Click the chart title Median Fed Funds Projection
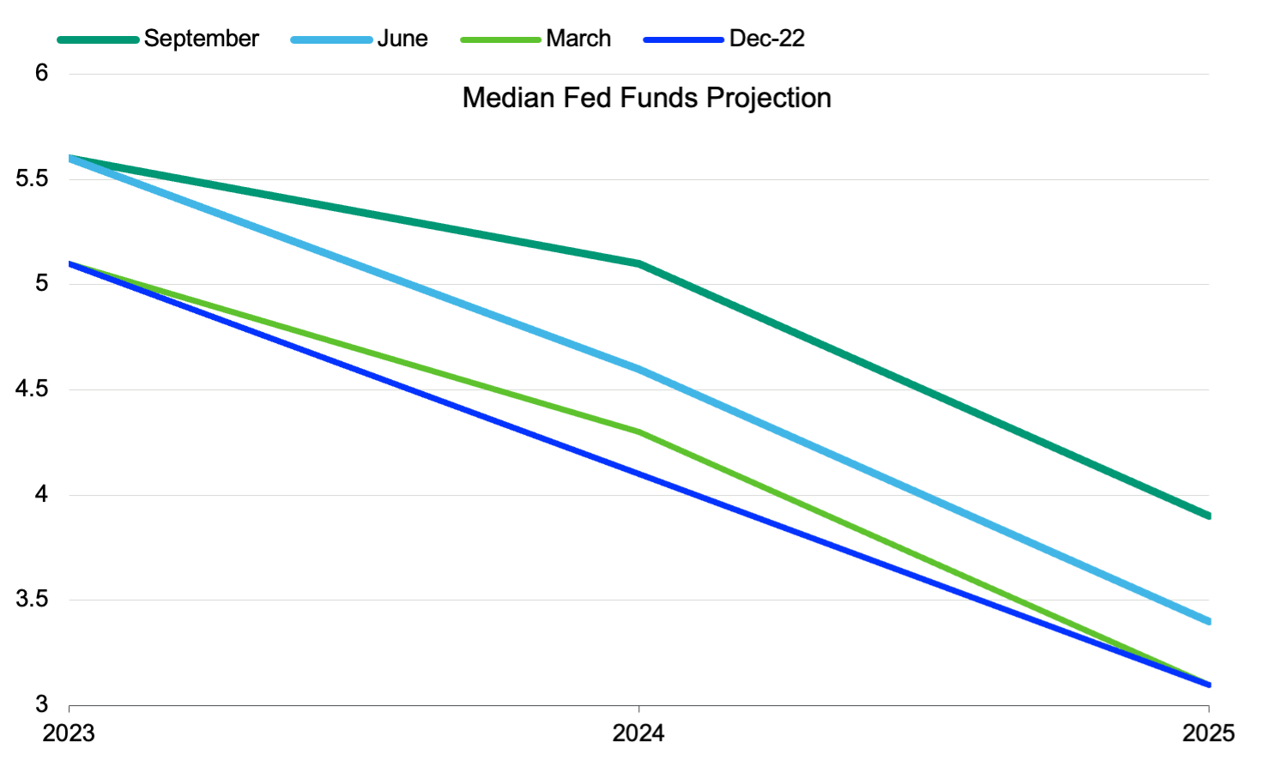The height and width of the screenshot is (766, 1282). point(646,98)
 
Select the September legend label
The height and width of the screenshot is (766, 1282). point(201,39)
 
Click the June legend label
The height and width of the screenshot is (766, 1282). point(402,39)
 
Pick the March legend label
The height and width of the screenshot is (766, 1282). point(578,39)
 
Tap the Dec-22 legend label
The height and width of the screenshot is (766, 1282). point(766,39)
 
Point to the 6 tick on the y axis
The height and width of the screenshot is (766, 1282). point(41,73)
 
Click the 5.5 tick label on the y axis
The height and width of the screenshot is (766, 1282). point(32,178)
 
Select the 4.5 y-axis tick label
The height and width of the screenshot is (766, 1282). point(32,389)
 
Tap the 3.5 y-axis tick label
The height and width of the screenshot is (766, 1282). point(32,600)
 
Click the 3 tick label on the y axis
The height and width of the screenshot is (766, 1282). point(41,704)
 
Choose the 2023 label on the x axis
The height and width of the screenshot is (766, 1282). point(69,733)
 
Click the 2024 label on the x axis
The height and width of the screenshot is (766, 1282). point(638,733)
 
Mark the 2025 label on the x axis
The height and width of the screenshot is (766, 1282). point(1208,733)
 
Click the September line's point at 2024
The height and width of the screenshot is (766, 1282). point(639,263)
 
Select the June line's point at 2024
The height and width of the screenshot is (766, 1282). point(639,369)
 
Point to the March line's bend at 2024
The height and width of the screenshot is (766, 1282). point(639,431)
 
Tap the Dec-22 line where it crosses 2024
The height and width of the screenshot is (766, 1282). point(639,474)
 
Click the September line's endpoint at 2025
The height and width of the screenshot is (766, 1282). point(1207,516)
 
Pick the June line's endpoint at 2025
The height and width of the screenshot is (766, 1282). point(1207,621)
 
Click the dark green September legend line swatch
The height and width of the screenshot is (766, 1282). point(98,39)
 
